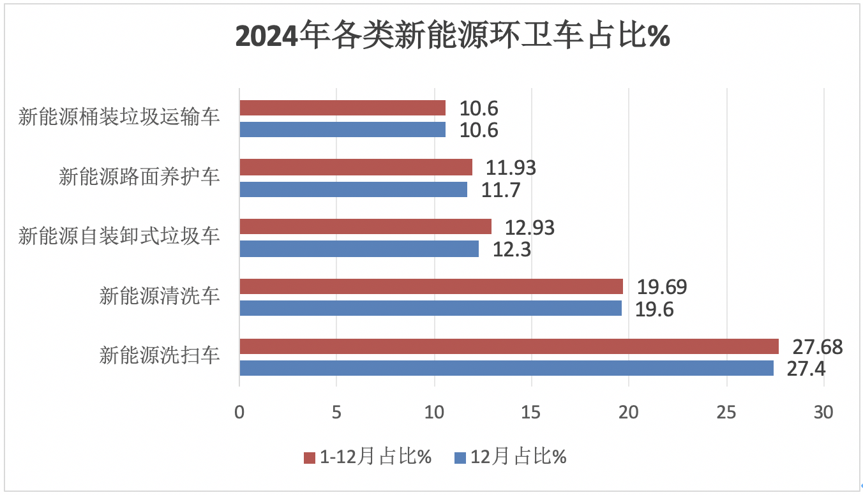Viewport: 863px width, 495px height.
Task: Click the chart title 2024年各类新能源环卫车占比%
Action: [x=453, y=37]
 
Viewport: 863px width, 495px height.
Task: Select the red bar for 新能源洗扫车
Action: [x=509, y=346]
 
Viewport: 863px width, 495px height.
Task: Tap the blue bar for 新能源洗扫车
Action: [x=506, y=368]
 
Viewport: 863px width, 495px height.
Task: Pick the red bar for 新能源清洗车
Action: [x=431, y=286]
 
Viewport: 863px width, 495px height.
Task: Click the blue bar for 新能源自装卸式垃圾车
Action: [x=359, y=249]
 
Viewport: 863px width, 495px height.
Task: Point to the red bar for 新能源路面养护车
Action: [x=356, y=167]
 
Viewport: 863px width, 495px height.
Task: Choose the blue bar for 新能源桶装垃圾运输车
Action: [x=342, y=129]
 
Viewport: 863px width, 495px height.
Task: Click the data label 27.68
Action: [x=817, y=347]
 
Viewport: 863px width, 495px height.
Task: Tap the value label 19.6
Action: [x=654, y=309]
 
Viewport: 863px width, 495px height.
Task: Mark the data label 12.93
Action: [x=530, y=228]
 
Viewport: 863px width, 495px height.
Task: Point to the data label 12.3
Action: [x=512, y=249]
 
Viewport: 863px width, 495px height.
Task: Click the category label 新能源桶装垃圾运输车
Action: [x=119, y=118]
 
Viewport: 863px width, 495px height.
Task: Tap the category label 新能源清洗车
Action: [x=160, y=297]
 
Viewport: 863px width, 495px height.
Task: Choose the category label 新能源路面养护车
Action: [x=139, y=177]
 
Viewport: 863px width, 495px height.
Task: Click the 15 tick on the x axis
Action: [x=532, y=413]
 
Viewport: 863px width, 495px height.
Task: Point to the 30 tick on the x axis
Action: [x=823, y=413]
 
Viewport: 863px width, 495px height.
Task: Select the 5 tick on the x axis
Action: [x=336, y=413]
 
